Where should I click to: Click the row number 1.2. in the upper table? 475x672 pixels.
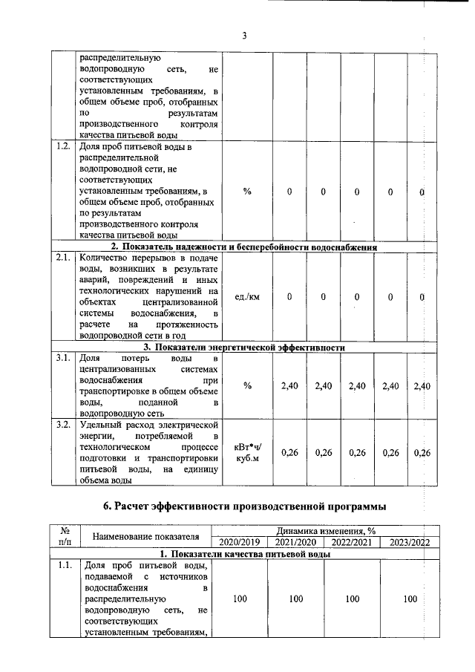(x=63, y=147)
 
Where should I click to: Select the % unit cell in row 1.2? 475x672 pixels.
(x=247, y=192)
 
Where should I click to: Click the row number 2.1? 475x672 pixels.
(x=63, y=258)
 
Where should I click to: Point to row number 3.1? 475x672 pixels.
(x=63, y=358)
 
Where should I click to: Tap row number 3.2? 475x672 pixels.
(x=63, y=425)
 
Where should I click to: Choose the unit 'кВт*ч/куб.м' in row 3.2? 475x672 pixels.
(x=247, y=453)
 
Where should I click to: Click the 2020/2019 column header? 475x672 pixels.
(x=235, y=542)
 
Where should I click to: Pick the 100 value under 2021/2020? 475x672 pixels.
(x=295, y=598)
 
